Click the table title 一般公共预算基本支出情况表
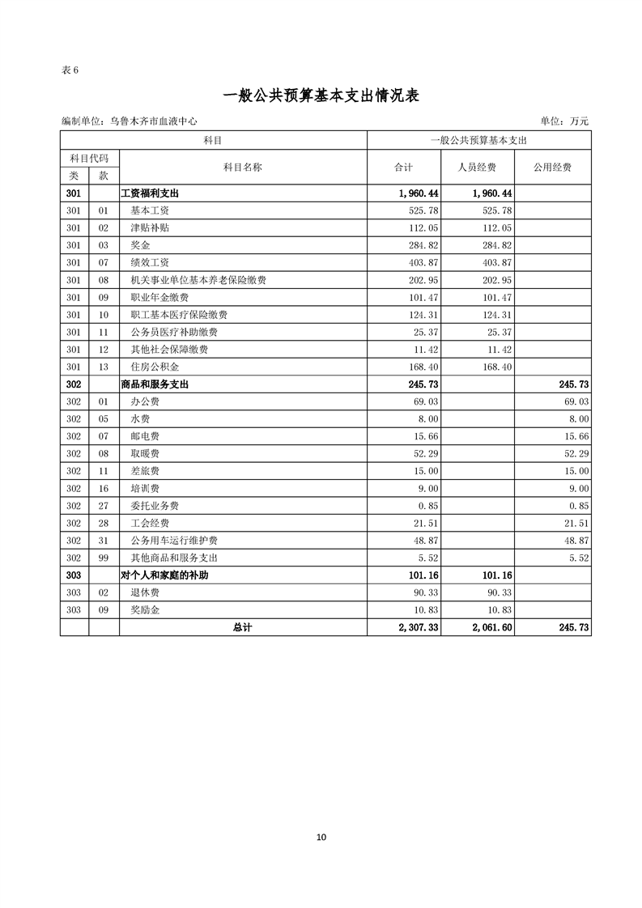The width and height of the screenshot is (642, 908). [x=321, y=95]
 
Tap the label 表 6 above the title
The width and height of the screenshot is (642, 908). [x=70, y=70]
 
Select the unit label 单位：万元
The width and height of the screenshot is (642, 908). [x=564, y=121]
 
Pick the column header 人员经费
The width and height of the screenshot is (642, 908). [x=478, y=168]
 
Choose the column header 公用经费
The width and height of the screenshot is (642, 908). [x=552, y=168]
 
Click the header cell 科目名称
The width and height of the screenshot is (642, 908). [x=243, y=168]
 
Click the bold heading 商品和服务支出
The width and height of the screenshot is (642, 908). [x=155, y=385]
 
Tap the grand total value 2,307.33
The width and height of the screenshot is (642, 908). [x=419, y=627]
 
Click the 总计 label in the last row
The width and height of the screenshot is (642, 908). [x=243, y=627]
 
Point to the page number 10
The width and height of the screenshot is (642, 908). [x=321, y=837]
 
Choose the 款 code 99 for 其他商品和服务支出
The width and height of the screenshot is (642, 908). [x=104, y=558]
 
